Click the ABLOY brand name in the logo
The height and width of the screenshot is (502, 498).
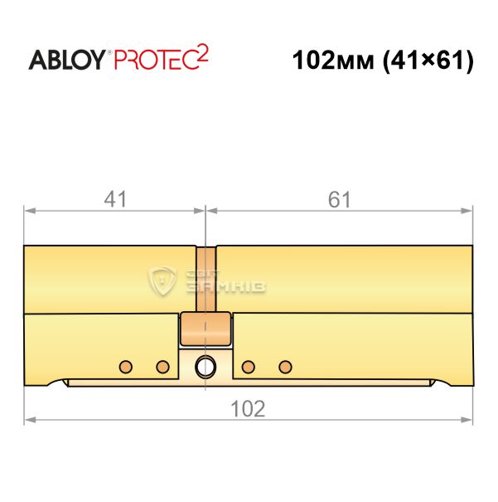pos(67,60)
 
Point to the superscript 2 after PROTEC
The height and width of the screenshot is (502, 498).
pos(203,53)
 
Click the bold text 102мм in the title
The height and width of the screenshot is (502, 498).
pos(333,61)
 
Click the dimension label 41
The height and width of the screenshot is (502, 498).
pos(115,199)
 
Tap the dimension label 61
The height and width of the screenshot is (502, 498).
pos(340,199)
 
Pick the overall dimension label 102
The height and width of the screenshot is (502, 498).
pos(248,409)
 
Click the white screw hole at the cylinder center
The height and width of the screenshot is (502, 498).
pos(205,367)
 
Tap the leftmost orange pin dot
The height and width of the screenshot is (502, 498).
pos(126,367)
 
